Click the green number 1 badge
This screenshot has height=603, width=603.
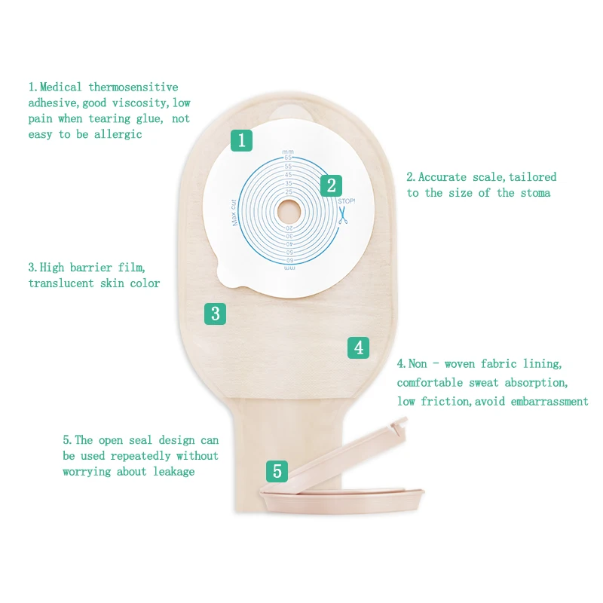241,139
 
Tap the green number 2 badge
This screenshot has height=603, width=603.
330,186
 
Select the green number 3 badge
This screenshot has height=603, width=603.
216,313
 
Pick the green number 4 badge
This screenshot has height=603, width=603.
359,347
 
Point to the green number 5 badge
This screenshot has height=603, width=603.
277,472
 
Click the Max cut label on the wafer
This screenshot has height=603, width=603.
234,211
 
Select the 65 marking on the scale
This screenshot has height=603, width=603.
288,157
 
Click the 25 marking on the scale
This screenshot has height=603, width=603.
288,191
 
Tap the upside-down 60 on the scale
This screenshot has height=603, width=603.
289,259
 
